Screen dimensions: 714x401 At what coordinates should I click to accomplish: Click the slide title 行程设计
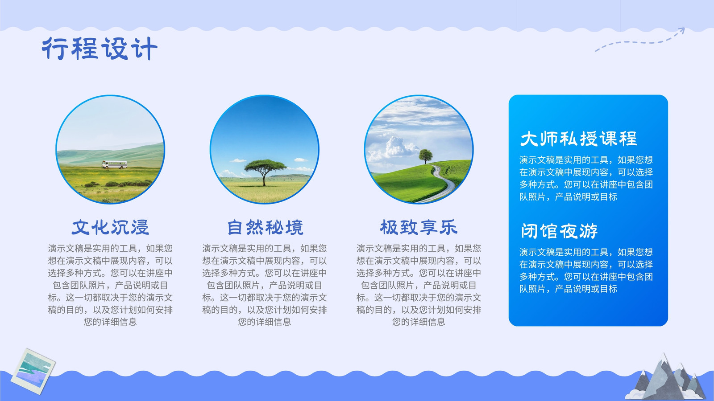point(100,49)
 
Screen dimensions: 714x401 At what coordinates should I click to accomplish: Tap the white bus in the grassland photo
point(114,164)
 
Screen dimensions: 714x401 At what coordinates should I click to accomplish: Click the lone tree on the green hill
point(426,156)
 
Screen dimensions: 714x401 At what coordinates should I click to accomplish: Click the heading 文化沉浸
point(110,227)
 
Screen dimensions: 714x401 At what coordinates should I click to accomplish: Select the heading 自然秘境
point(265,227)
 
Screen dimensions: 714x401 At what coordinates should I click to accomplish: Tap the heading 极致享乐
point(419,227)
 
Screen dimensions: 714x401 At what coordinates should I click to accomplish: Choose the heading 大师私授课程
point(578,139)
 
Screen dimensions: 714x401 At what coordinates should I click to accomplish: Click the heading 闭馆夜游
point(559,231)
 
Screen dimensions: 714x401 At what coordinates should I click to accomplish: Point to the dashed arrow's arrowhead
point(681,31)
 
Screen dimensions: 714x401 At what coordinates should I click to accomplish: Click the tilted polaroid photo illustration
point(33,371)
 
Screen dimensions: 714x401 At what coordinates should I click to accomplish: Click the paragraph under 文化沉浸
point(110,285)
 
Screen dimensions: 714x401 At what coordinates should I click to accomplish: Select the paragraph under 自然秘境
point(265,285)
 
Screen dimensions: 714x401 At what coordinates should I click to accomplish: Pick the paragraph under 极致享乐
point(419,285)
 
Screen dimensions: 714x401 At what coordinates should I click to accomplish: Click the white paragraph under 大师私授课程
point(586,178)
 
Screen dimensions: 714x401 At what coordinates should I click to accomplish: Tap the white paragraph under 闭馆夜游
point(586,270)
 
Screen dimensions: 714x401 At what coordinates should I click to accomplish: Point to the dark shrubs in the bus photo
point(118,184)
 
